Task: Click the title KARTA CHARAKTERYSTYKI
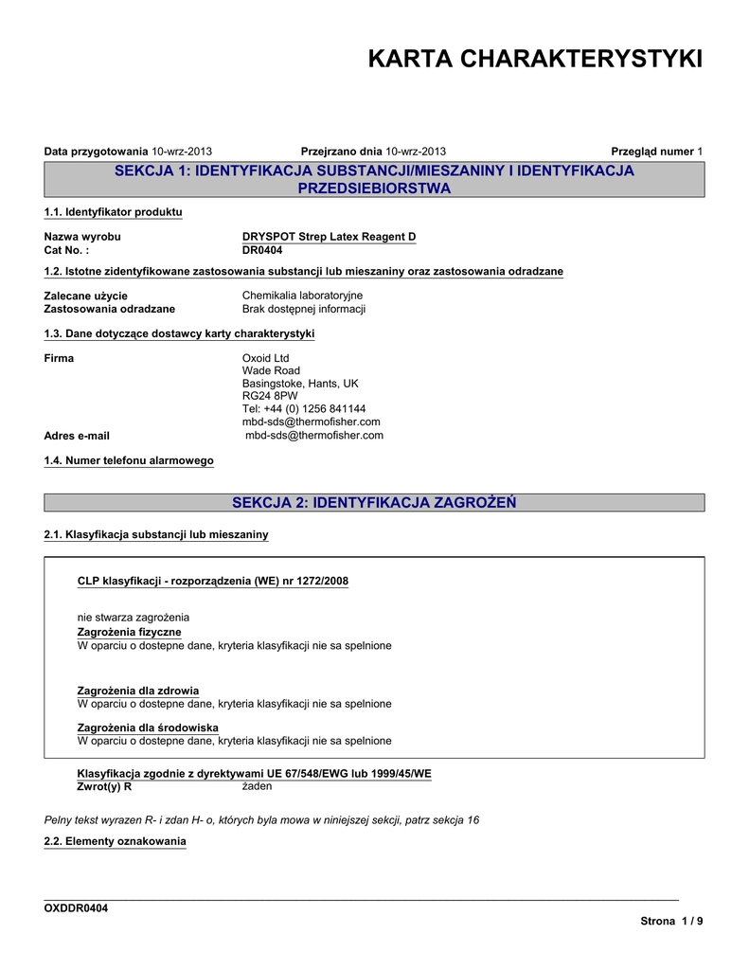(x=535, y=60)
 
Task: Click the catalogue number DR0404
(x=262, y=250)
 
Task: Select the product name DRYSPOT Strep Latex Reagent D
(x=329, y=236)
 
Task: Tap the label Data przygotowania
(x=97, y=152)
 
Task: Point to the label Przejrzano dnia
(x=341, y=152)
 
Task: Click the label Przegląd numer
(x=652, y=152)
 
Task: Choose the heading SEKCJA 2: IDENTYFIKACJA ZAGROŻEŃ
(x=374, y=502)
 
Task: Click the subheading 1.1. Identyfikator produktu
(x=114, y=211)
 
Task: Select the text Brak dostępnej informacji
(x=304, y=309)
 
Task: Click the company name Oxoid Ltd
(x=266, y=358)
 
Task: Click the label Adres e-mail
(x=77, y=436)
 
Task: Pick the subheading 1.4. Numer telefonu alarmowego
(x=129, y=460)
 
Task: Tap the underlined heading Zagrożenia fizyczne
(x=129, y=632)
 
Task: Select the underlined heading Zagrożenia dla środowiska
(x=148, y=727)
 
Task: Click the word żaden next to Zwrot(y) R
(x=257, y=786)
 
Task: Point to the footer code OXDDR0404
(x=77, y=908)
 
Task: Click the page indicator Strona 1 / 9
(x=671, y=922)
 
